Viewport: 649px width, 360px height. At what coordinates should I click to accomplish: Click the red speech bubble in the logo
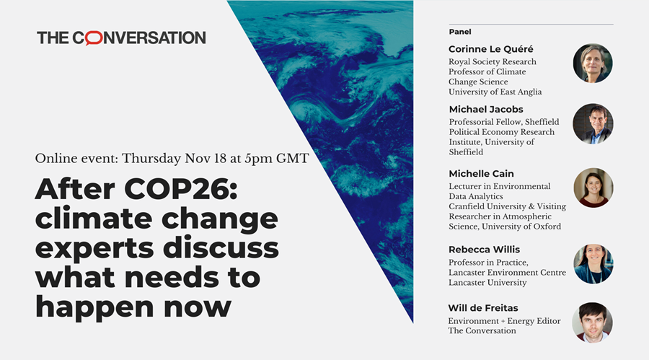(94, 38)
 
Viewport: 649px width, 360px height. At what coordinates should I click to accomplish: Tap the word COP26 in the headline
(180, 189)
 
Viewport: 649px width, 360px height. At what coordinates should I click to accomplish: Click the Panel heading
(460, 32)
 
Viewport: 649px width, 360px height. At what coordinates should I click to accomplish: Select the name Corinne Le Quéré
(491, 49)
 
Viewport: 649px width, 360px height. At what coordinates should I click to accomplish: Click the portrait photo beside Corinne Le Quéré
(593, 63)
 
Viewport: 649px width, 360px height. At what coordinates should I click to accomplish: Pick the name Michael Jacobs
(486, 110)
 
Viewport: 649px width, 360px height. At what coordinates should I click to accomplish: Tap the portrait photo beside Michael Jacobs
(593, 124)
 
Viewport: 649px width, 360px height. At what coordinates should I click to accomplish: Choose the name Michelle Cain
(482, 174)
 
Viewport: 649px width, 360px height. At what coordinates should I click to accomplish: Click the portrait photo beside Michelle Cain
(593, 188)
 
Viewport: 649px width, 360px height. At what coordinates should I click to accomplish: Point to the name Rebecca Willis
(485, 250)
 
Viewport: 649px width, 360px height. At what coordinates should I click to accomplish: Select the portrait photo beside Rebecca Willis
(593, 264)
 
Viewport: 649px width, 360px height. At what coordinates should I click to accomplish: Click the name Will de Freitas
(483, 308)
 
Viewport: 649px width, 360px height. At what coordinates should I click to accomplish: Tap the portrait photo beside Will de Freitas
(592, 322)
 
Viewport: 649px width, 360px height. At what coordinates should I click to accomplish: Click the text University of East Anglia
(495, 92)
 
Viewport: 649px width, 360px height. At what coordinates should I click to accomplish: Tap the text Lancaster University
(487, 283)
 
